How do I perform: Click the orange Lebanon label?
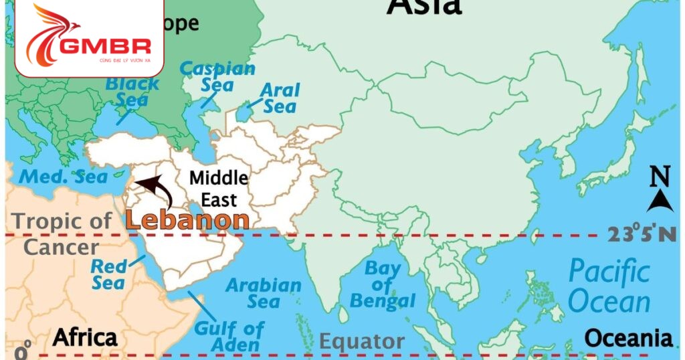[187, 220]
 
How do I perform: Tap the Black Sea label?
[132, 92]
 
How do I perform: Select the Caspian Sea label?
[217, 76]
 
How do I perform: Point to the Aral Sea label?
[280, 98]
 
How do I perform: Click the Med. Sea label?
[64, 177]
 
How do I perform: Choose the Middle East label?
[218, 189]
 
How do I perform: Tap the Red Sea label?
[108, 274]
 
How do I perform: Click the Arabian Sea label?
[263, 293]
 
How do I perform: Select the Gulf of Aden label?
[229, 337]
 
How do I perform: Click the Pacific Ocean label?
[609, 286]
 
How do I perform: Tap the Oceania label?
[628, 338]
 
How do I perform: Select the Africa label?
[85, 337]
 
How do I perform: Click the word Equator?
[361, 342]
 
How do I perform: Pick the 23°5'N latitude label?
[642, 234]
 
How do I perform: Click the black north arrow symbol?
[660, 199]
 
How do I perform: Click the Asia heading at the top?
[424, 7]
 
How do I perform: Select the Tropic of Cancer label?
[62, 234]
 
